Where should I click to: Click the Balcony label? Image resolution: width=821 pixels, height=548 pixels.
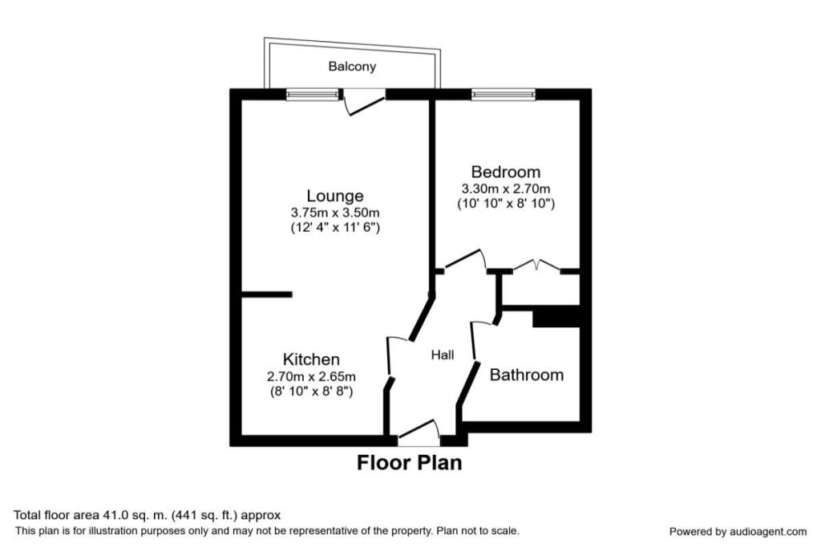pyautogui.click(x=352, y=67)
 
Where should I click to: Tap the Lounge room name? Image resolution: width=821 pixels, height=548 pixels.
pyautogui.click(x=334, y=196)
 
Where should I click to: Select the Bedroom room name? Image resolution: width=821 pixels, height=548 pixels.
pyautogui.click(x=505, y=172)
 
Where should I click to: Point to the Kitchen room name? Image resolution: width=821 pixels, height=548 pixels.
pyautogui.click(x=311, y=359)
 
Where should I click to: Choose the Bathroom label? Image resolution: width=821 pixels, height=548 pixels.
pyautogui.click(x=526, y=375)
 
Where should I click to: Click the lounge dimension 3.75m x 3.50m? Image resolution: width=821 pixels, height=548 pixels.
pyautogui.click(x=334, y=213)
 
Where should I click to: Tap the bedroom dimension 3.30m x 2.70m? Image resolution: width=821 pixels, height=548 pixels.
pyautogui.click(x=505, y=189)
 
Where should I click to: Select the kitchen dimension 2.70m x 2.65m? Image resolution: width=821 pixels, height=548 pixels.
pyautogui.click(x=311, y=375)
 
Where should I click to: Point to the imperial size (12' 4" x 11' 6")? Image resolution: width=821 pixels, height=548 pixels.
pyautogui.click(x=334, y=228)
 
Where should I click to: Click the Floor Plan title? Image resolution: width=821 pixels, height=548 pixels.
pyautogui.click(x=409, y=463)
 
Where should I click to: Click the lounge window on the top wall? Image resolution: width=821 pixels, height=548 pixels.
pyautogui.click(x=312, y=95)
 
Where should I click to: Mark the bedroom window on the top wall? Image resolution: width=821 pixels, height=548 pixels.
pyautogui.click(x=504, y=95)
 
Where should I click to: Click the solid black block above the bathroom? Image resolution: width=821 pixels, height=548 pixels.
pyautogui.click(x=556, y=319)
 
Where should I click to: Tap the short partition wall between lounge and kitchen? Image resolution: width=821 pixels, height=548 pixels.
pyautogui.click(x=266, y=294)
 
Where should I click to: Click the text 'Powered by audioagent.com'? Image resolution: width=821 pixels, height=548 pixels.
pyautogui.click(x=738, y=531)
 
